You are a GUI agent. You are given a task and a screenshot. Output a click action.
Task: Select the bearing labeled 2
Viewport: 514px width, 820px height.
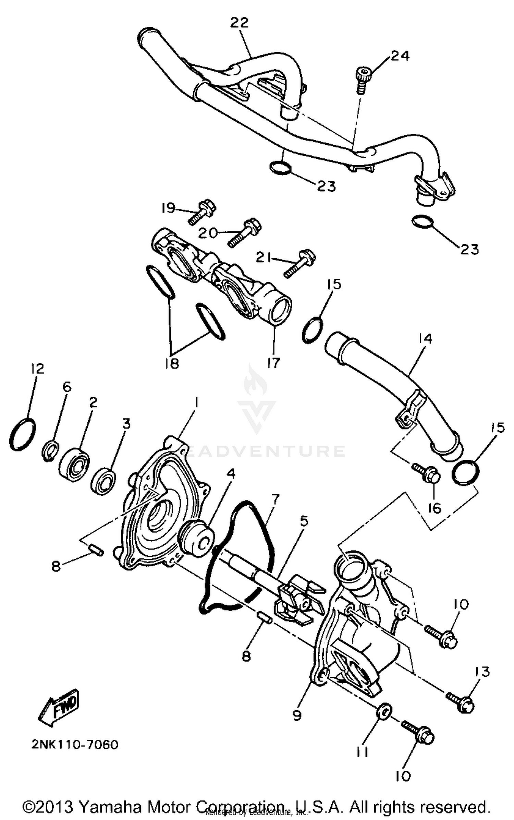click(x=74, y=462)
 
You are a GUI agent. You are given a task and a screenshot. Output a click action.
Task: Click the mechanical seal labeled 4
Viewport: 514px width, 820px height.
click(x=197, y=540)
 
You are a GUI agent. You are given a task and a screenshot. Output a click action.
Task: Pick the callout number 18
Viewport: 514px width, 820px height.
click(x=172, y=363)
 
